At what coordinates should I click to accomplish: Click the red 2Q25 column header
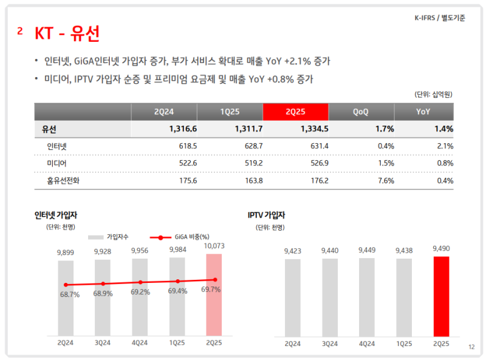point(295,112)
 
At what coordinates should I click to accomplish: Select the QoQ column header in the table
point(361,112)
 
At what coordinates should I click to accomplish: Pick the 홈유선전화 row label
point(63,180)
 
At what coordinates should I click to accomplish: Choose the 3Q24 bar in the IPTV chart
point(329,297)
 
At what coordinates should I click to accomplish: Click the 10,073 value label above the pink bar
point(214,245)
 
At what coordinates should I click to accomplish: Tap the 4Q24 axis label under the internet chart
point(140,343)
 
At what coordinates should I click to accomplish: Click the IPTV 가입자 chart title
point(266,215)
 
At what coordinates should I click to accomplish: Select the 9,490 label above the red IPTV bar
point(441,248)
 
